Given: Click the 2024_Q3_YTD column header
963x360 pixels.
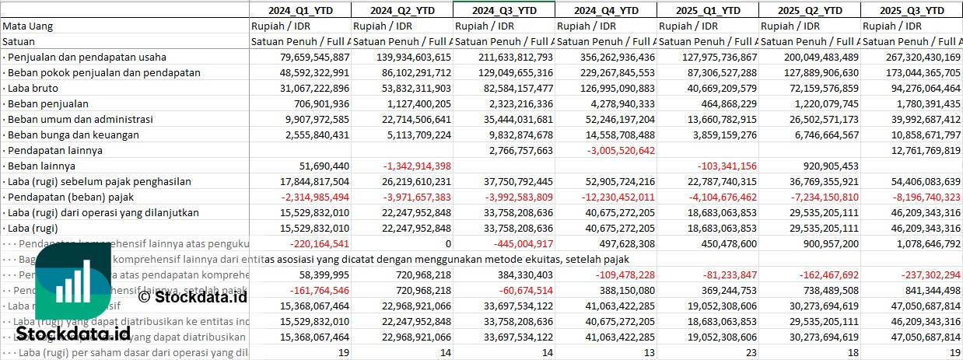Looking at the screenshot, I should point(503,10).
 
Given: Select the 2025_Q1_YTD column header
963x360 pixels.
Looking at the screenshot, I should point(707,10).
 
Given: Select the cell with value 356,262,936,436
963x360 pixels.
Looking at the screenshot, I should point(607,57).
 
